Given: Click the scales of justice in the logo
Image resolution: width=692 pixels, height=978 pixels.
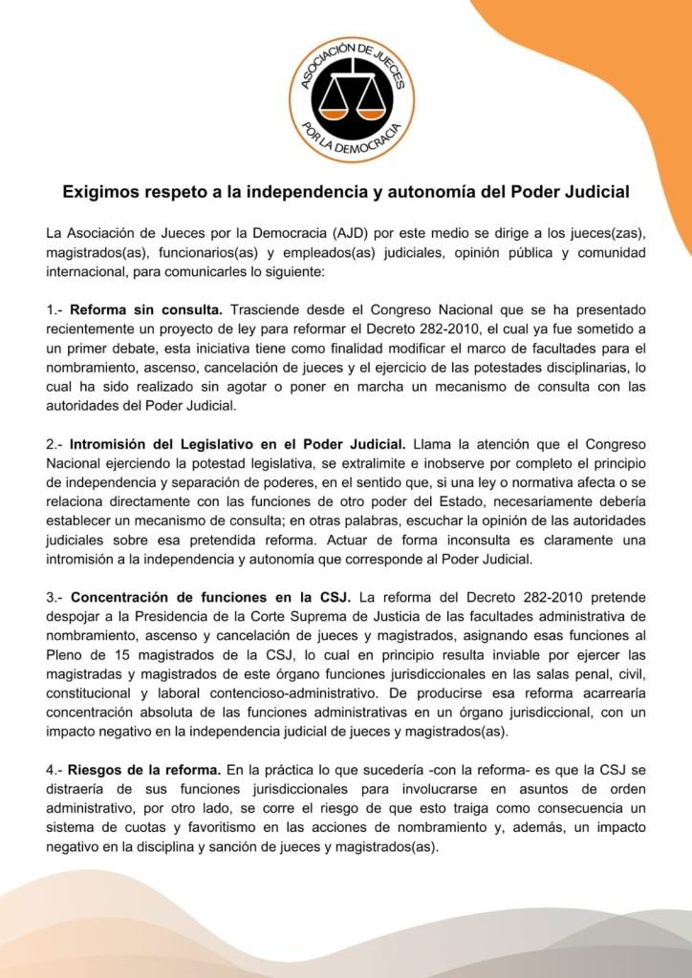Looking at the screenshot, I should coord(352,96).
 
